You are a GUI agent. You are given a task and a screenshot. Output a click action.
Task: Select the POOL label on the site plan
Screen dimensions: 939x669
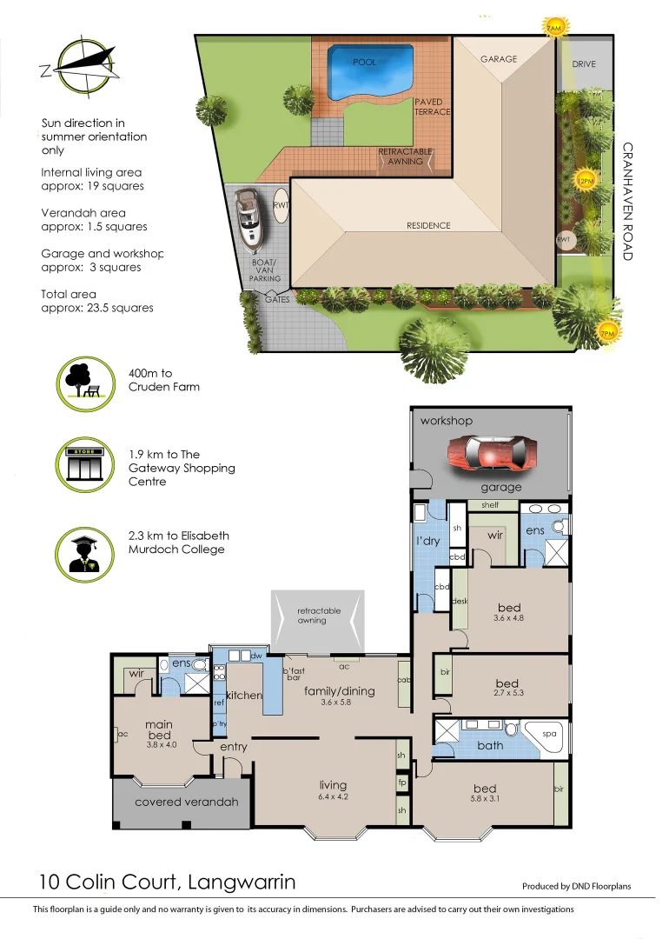point(364,63)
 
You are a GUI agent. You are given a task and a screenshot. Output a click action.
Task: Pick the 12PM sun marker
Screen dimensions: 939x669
point(586,181)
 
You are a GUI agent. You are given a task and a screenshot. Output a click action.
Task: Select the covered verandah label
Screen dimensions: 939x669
point(186,802)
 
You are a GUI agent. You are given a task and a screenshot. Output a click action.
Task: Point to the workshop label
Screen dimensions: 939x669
point(447,421)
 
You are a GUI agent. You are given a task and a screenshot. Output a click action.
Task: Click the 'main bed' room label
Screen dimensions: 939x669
point(159,729)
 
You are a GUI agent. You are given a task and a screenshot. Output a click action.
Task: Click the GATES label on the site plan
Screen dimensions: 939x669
point(277,298)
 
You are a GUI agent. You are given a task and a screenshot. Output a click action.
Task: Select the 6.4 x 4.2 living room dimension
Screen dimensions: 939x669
point(333,796)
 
